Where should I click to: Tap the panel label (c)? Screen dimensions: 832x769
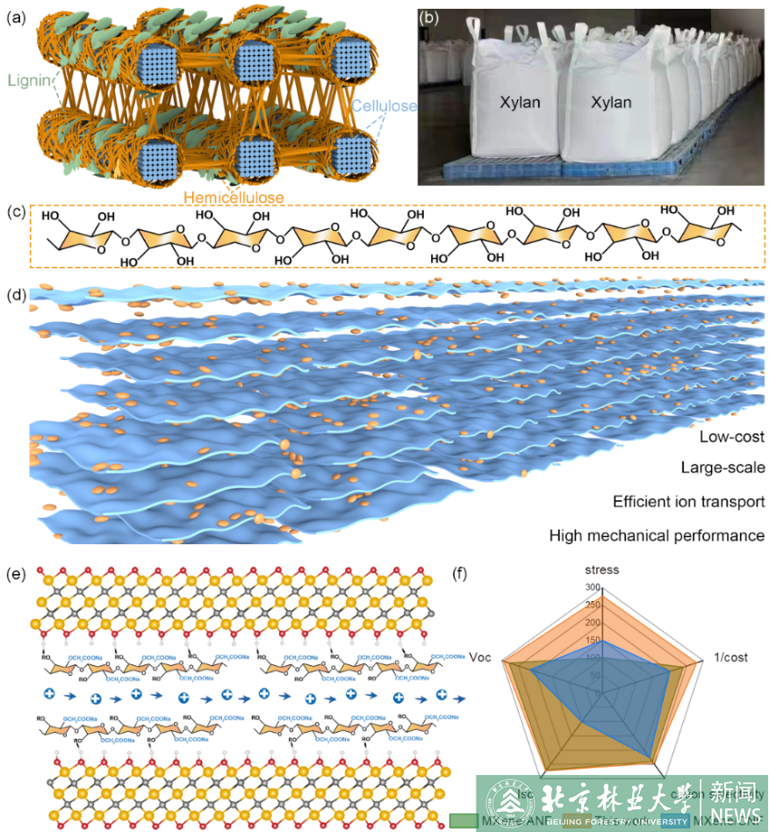click(15, 213)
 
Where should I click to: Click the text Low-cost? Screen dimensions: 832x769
click(731, 436)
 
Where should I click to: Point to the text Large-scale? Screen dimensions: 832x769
click(722, 468)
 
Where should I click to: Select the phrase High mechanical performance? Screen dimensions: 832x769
click(657, 534)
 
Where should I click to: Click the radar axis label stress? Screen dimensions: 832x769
click(603, 570)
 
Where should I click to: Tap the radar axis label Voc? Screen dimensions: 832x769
click(481, 656)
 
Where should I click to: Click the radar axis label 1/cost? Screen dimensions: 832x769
click(729, 656)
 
